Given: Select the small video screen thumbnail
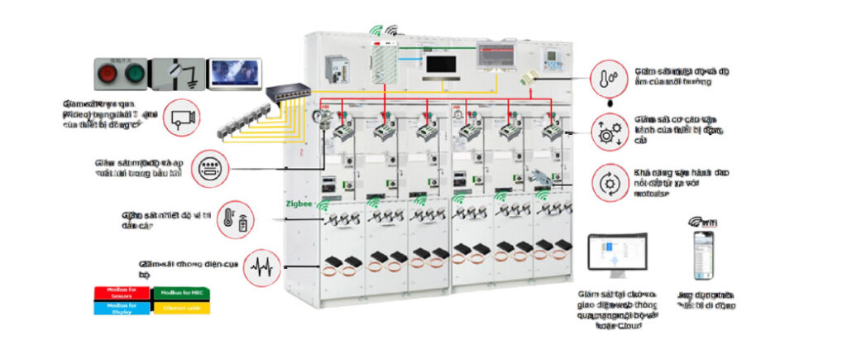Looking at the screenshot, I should pos(234,73).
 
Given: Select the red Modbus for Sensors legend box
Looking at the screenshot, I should pos(122,293).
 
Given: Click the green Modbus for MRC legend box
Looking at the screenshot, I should pos(181,293).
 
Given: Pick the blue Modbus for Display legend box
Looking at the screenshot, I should pos(122,307).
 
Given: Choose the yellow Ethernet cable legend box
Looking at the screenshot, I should pos(181,307).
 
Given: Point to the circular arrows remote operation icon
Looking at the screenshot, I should pos(608,180).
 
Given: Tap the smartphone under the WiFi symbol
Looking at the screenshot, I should pos(703,256).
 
